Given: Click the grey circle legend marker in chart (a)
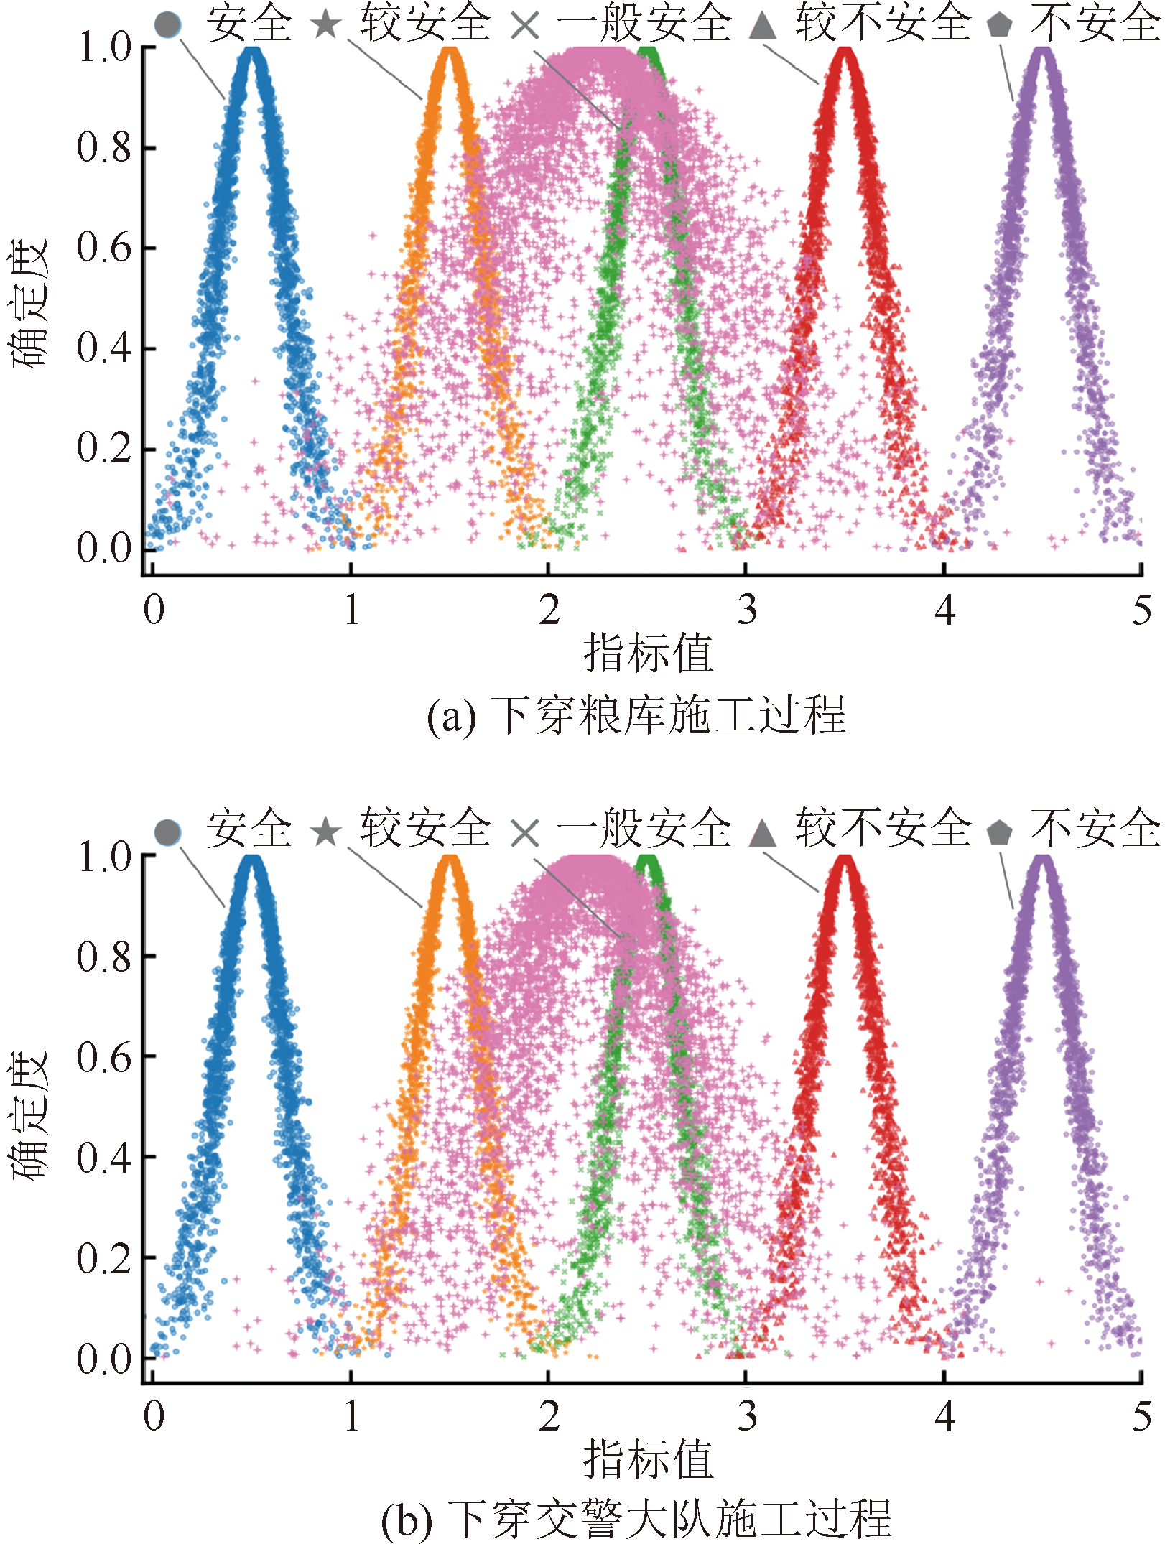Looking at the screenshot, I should click(167, 24).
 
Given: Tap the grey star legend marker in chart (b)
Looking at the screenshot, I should click(326, 832).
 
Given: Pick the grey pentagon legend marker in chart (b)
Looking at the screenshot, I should click(999, 832).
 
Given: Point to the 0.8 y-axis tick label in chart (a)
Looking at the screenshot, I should click(105, 147).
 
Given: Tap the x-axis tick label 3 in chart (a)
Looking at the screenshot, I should click(747, 610).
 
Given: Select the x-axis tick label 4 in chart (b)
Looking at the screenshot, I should click(944, 1417).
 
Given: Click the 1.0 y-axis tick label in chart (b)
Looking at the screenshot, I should click(105, 857).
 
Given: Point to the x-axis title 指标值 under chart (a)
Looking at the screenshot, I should click(648, 653).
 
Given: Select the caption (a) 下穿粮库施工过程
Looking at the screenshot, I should click(636, 715).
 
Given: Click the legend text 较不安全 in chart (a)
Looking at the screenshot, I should click(883, 23).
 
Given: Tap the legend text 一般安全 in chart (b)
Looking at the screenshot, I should click(644, 829).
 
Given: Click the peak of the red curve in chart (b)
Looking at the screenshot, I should click(846, 859).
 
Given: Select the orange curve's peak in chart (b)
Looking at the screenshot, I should click(450, 859).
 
